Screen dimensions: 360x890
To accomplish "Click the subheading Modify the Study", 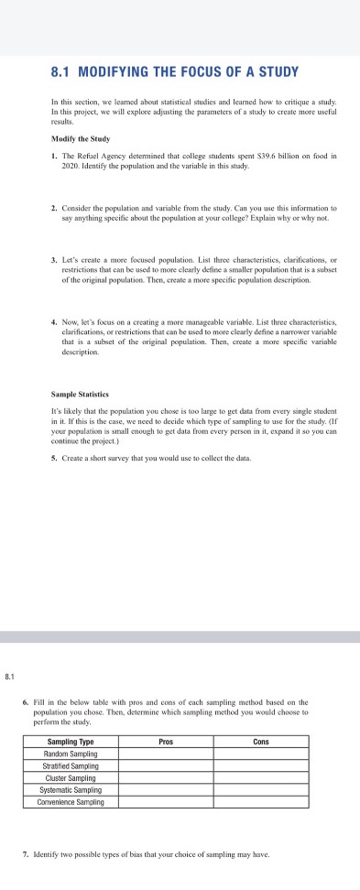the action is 81,138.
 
